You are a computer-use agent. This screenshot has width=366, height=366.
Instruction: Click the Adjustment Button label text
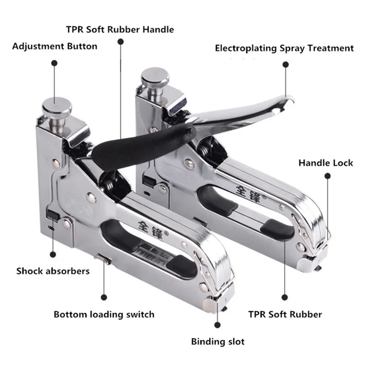point(54,46)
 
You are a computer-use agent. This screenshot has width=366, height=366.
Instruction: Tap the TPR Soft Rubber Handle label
point(120,30)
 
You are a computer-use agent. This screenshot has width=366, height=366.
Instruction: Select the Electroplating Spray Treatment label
point(284,48)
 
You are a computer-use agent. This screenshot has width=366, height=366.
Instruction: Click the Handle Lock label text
point(326,163)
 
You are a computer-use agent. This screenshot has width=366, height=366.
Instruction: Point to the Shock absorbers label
point(53,271)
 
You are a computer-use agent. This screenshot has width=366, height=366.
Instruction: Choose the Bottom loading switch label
point(104,314)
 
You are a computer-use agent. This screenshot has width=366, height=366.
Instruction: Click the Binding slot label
point(217,341)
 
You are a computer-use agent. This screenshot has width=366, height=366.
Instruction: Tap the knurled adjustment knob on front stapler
point(57,108)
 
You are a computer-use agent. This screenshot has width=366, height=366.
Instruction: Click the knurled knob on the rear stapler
point(155,79)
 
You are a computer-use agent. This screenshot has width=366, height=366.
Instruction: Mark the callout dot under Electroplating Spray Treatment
point(285,65)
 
